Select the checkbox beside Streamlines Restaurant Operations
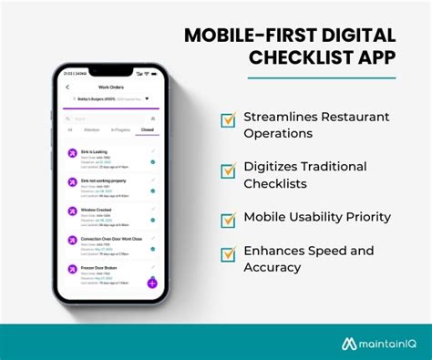pos(228,120)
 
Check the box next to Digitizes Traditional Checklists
pos(228,169)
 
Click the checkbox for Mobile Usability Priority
pos(228,219)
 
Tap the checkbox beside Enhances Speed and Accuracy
pos(228,253)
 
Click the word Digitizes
pos(272,166)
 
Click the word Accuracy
pos(273,267)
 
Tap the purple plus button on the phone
pos(152,283)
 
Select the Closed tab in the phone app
pos(147,130)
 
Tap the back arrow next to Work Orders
pos(67,87)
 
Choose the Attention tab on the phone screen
pos(92,130)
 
